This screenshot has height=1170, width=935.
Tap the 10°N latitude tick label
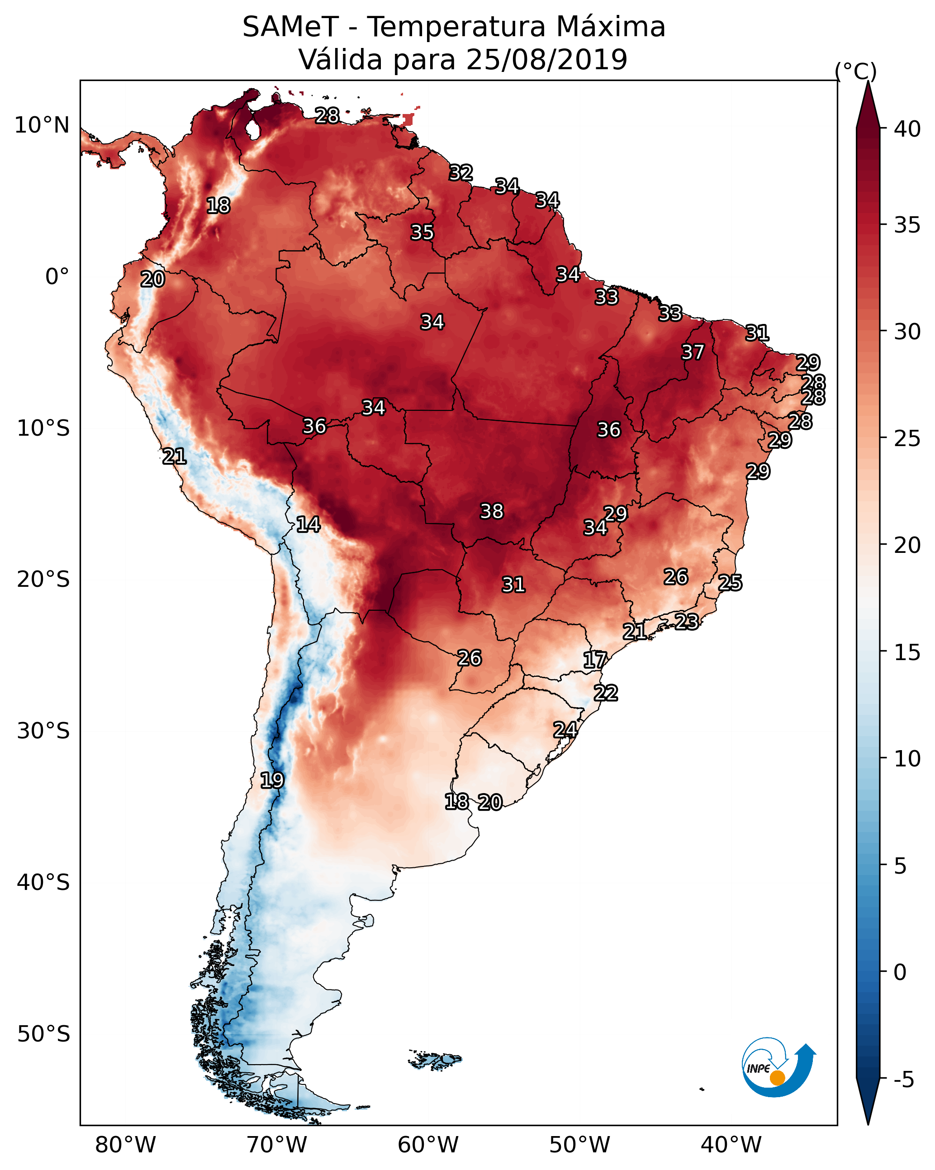[42, 125]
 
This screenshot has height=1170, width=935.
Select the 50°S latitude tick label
[43, 1034]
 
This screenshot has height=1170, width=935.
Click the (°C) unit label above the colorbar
[855, 71]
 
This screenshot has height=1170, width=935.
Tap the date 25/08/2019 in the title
[546, 59]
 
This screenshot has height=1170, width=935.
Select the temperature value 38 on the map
[492, 511]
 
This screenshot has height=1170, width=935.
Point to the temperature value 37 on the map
[693, 352]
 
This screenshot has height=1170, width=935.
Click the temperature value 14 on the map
[308, 524]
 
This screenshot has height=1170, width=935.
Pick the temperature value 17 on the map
[595, 660]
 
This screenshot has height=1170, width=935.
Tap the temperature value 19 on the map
[272, 780]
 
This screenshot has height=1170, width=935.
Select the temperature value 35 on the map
[422, 232]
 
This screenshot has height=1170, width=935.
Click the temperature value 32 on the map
[461, 172]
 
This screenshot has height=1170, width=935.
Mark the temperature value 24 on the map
[565, 729]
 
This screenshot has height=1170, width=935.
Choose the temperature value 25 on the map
[730, 582]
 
